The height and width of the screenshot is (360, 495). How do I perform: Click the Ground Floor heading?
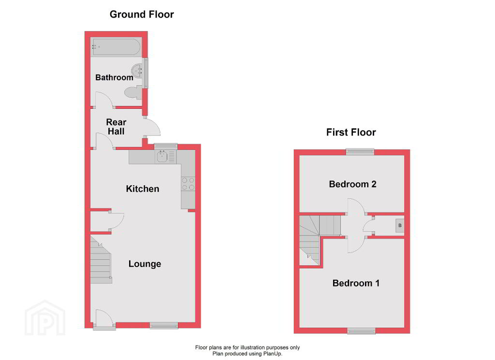click(x=142, y=14)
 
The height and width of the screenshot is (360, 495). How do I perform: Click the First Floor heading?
click(x=351, y=132)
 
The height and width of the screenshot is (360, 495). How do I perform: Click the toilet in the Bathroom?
click(x=133, y=92)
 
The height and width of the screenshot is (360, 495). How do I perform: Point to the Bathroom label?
click(x=114, y=77)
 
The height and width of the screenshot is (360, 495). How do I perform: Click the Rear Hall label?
click(x=116, y=127)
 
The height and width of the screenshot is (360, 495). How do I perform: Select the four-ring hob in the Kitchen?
click(x=188, y=184)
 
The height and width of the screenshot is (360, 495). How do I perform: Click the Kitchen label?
click(x=143, y=189)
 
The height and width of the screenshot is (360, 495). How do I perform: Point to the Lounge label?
click(x=145, y=264)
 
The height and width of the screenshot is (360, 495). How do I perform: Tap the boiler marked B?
click(x=400, y=225)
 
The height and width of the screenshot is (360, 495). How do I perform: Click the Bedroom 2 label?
click(x=352, y=184)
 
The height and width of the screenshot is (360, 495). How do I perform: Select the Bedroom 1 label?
click(x=356, y=283)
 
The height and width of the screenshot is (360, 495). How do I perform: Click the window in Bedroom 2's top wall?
click(x=360, y=152)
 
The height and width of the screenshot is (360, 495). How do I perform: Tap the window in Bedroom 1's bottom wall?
click(x=362, y=330)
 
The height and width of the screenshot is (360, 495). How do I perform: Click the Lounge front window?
click(x=164, y=326)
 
